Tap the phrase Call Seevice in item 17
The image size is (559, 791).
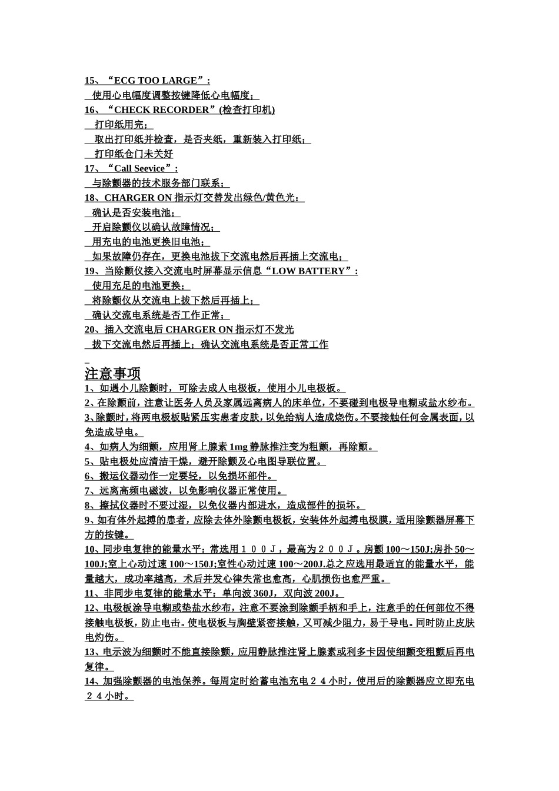pos(139,169)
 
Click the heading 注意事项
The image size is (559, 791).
pos(112,374)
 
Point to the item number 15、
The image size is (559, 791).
pos(93,81)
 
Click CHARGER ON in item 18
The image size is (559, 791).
pos(138,198)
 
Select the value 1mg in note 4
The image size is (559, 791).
pos(238,447)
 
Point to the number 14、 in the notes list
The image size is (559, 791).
pos(93,682)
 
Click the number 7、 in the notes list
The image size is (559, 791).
pos(91,491)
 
